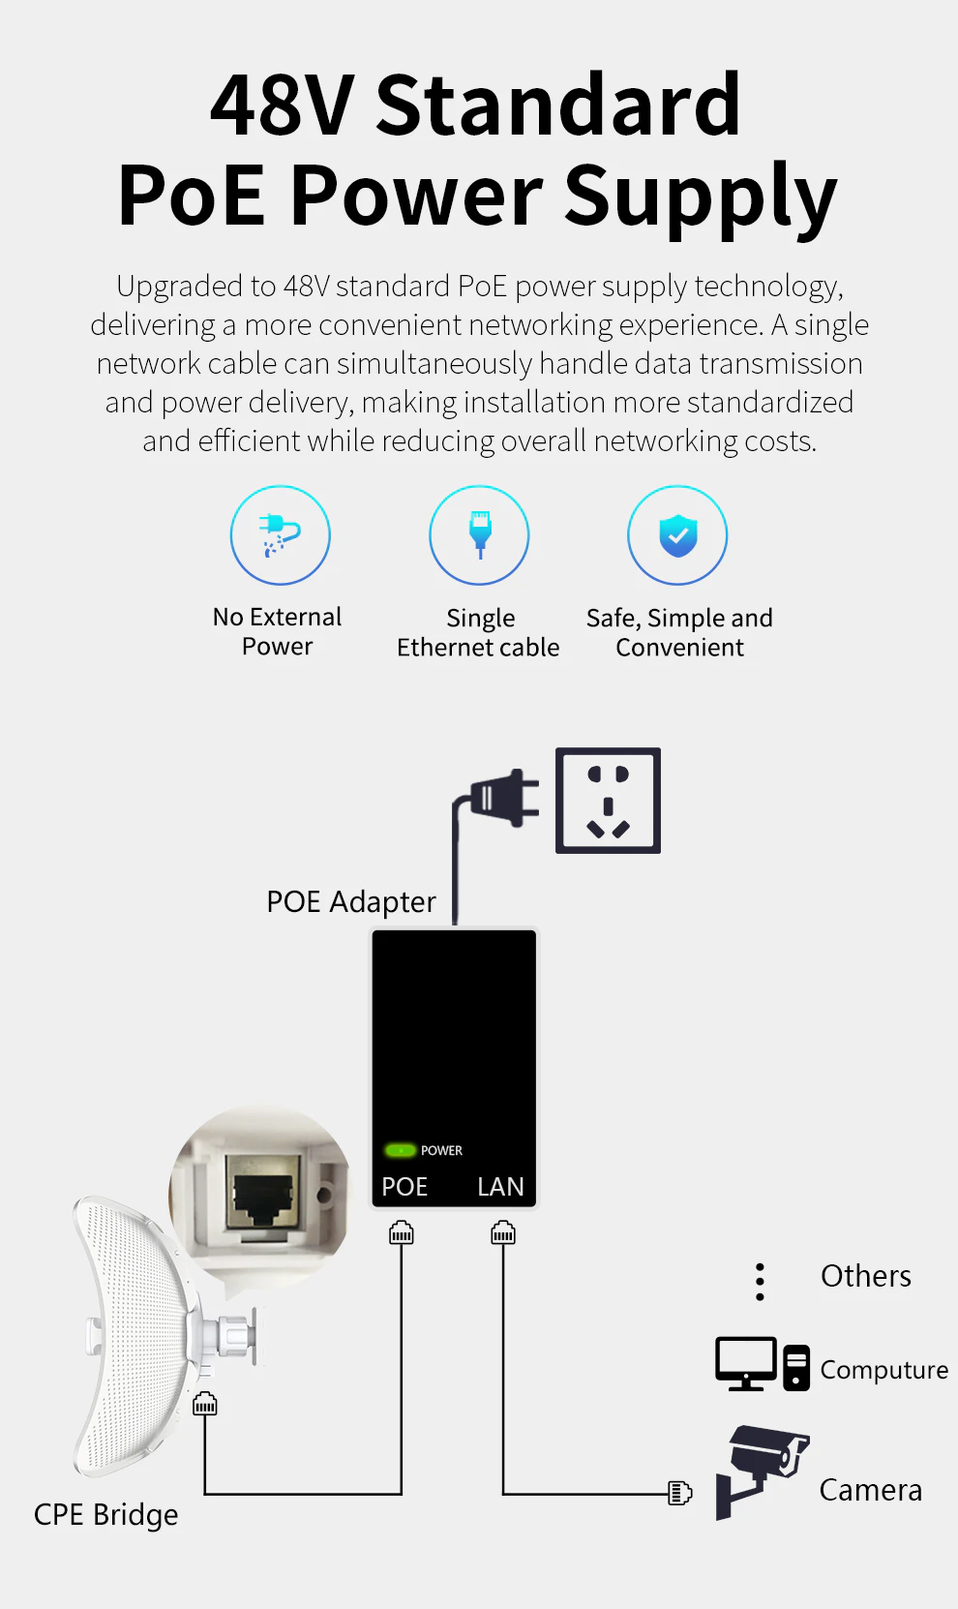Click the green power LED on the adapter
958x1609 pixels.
(x=400, y=1150)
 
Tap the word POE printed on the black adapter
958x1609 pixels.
(x=404, y=1186)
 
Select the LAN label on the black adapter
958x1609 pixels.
(x=500, y=1186)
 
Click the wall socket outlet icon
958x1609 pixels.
(x=608, y=801)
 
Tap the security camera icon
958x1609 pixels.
(x=762, y=1472)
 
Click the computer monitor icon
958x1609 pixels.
(x=745, y=1363)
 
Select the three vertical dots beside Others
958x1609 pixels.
(x=760, y=1282)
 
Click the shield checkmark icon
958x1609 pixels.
(x=678, y=535)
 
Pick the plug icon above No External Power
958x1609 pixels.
(x=280, y=534)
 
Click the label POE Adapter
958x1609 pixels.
(x=351, y=901)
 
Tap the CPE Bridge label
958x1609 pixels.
(x=106, y=1514)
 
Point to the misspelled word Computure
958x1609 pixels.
(x=884, y=1370)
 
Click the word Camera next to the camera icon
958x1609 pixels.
(x=870, y=1490)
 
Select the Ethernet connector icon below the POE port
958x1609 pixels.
(x=402, y=1231)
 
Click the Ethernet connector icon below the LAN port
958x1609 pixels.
(x=502, y=1231)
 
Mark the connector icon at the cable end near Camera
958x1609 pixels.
(x=679, y=1493)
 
